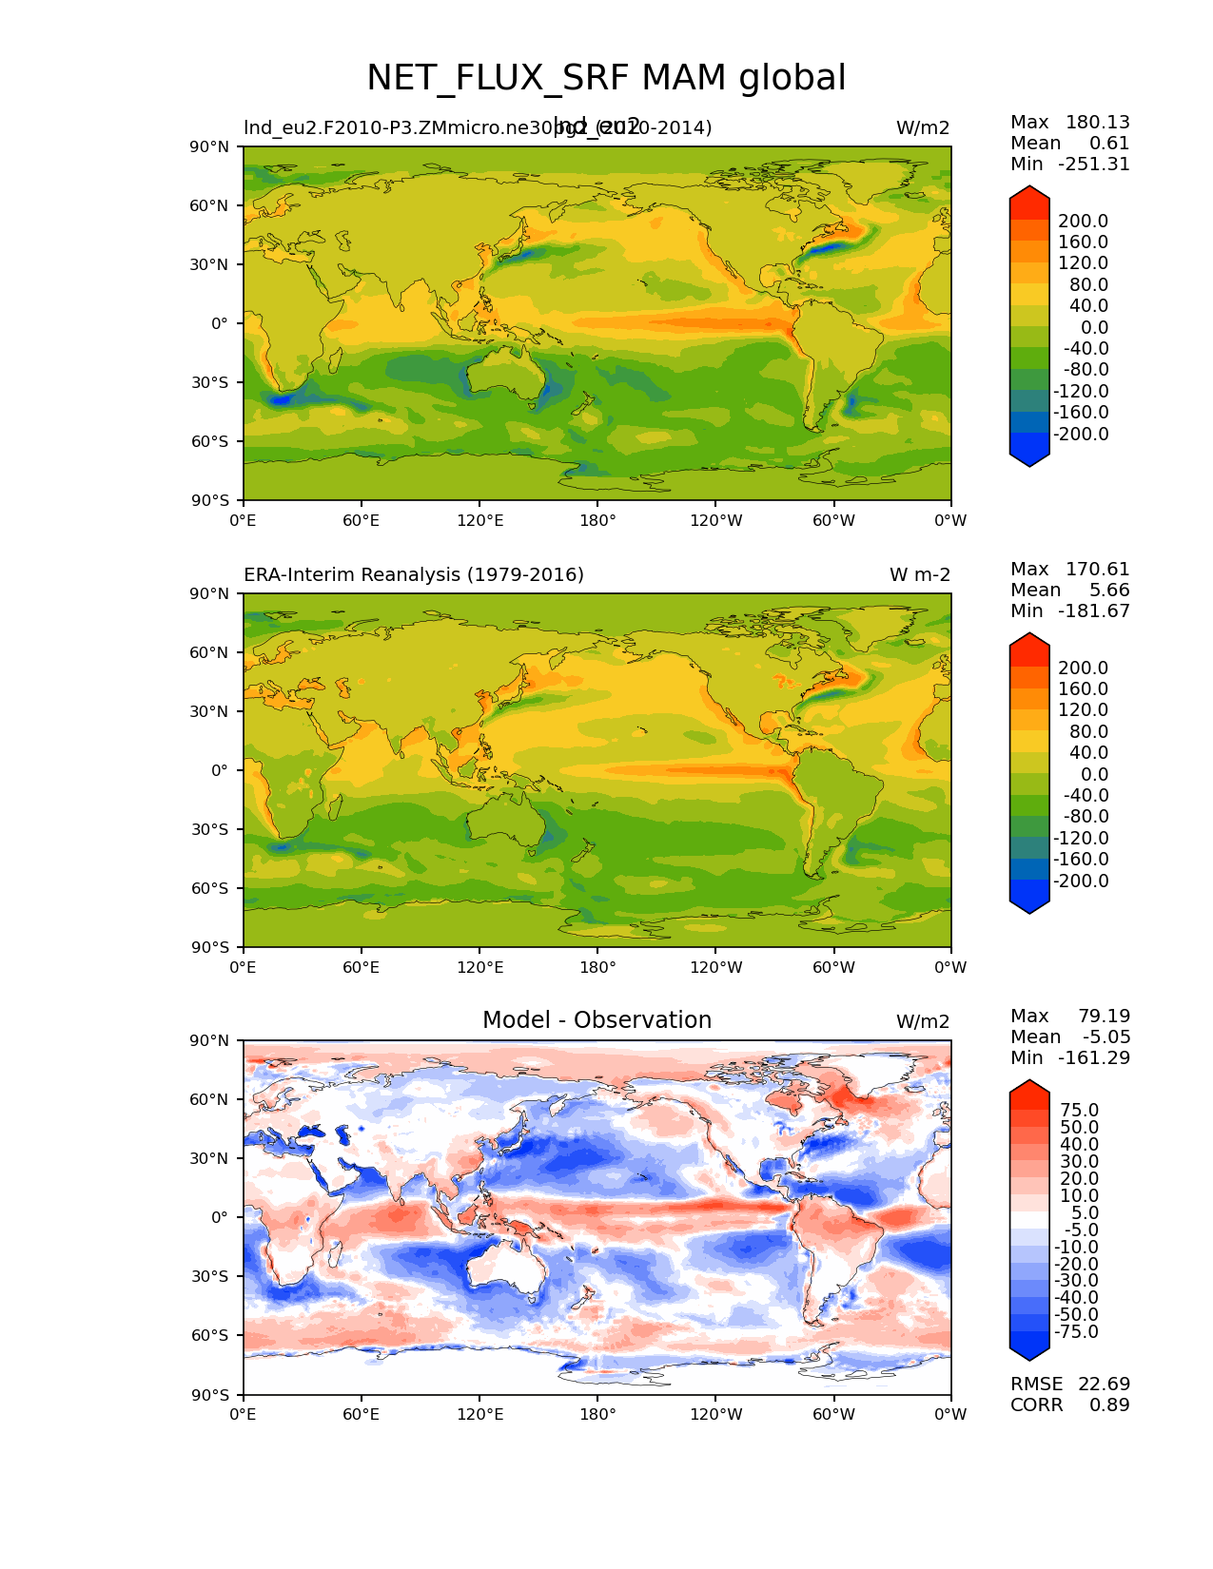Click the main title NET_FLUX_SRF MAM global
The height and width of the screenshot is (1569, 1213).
coord(606,78)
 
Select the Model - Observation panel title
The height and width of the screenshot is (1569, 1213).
coord(597,1020)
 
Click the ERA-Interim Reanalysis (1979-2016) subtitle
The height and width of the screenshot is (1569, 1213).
coord(414,575)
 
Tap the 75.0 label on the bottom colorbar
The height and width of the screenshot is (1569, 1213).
coord(1079,1111)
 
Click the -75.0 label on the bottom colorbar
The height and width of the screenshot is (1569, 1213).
coord(1076,1331)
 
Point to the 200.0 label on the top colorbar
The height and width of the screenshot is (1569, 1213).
coord(1083,222)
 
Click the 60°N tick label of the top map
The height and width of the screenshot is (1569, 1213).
coord(213,205)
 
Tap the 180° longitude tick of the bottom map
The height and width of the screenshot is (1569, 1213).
coord(597,1414)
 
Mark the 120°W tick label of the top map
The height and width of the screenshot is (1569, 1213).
coord(715,520)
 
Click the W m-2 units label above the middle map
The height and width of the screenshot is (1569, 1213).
coord(919,575)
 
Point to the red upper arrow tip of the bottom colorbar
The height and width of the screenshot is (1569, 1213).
coord(1029,1086)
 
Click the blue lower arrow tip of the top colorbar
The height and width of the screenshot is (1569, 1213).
coord(1029,459)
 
